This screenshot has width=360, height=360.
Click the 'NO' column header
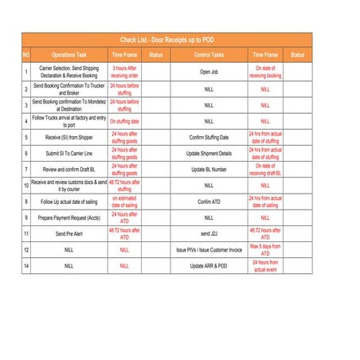click(x=26, y=55)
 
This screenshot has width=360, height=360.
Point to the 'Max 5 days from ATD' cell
click(x=265, y=249)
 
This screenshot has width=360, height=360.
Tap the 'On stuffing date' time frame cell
click(x=124, y=121)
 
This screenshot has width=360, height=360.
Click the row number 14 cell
click(x=26, y=265)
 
